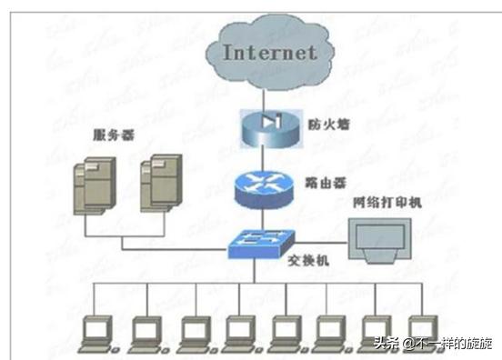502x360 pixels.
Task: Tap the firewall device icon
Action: pos(265,124)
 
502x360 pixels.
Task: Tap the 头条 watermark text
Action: pos(386,344)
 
